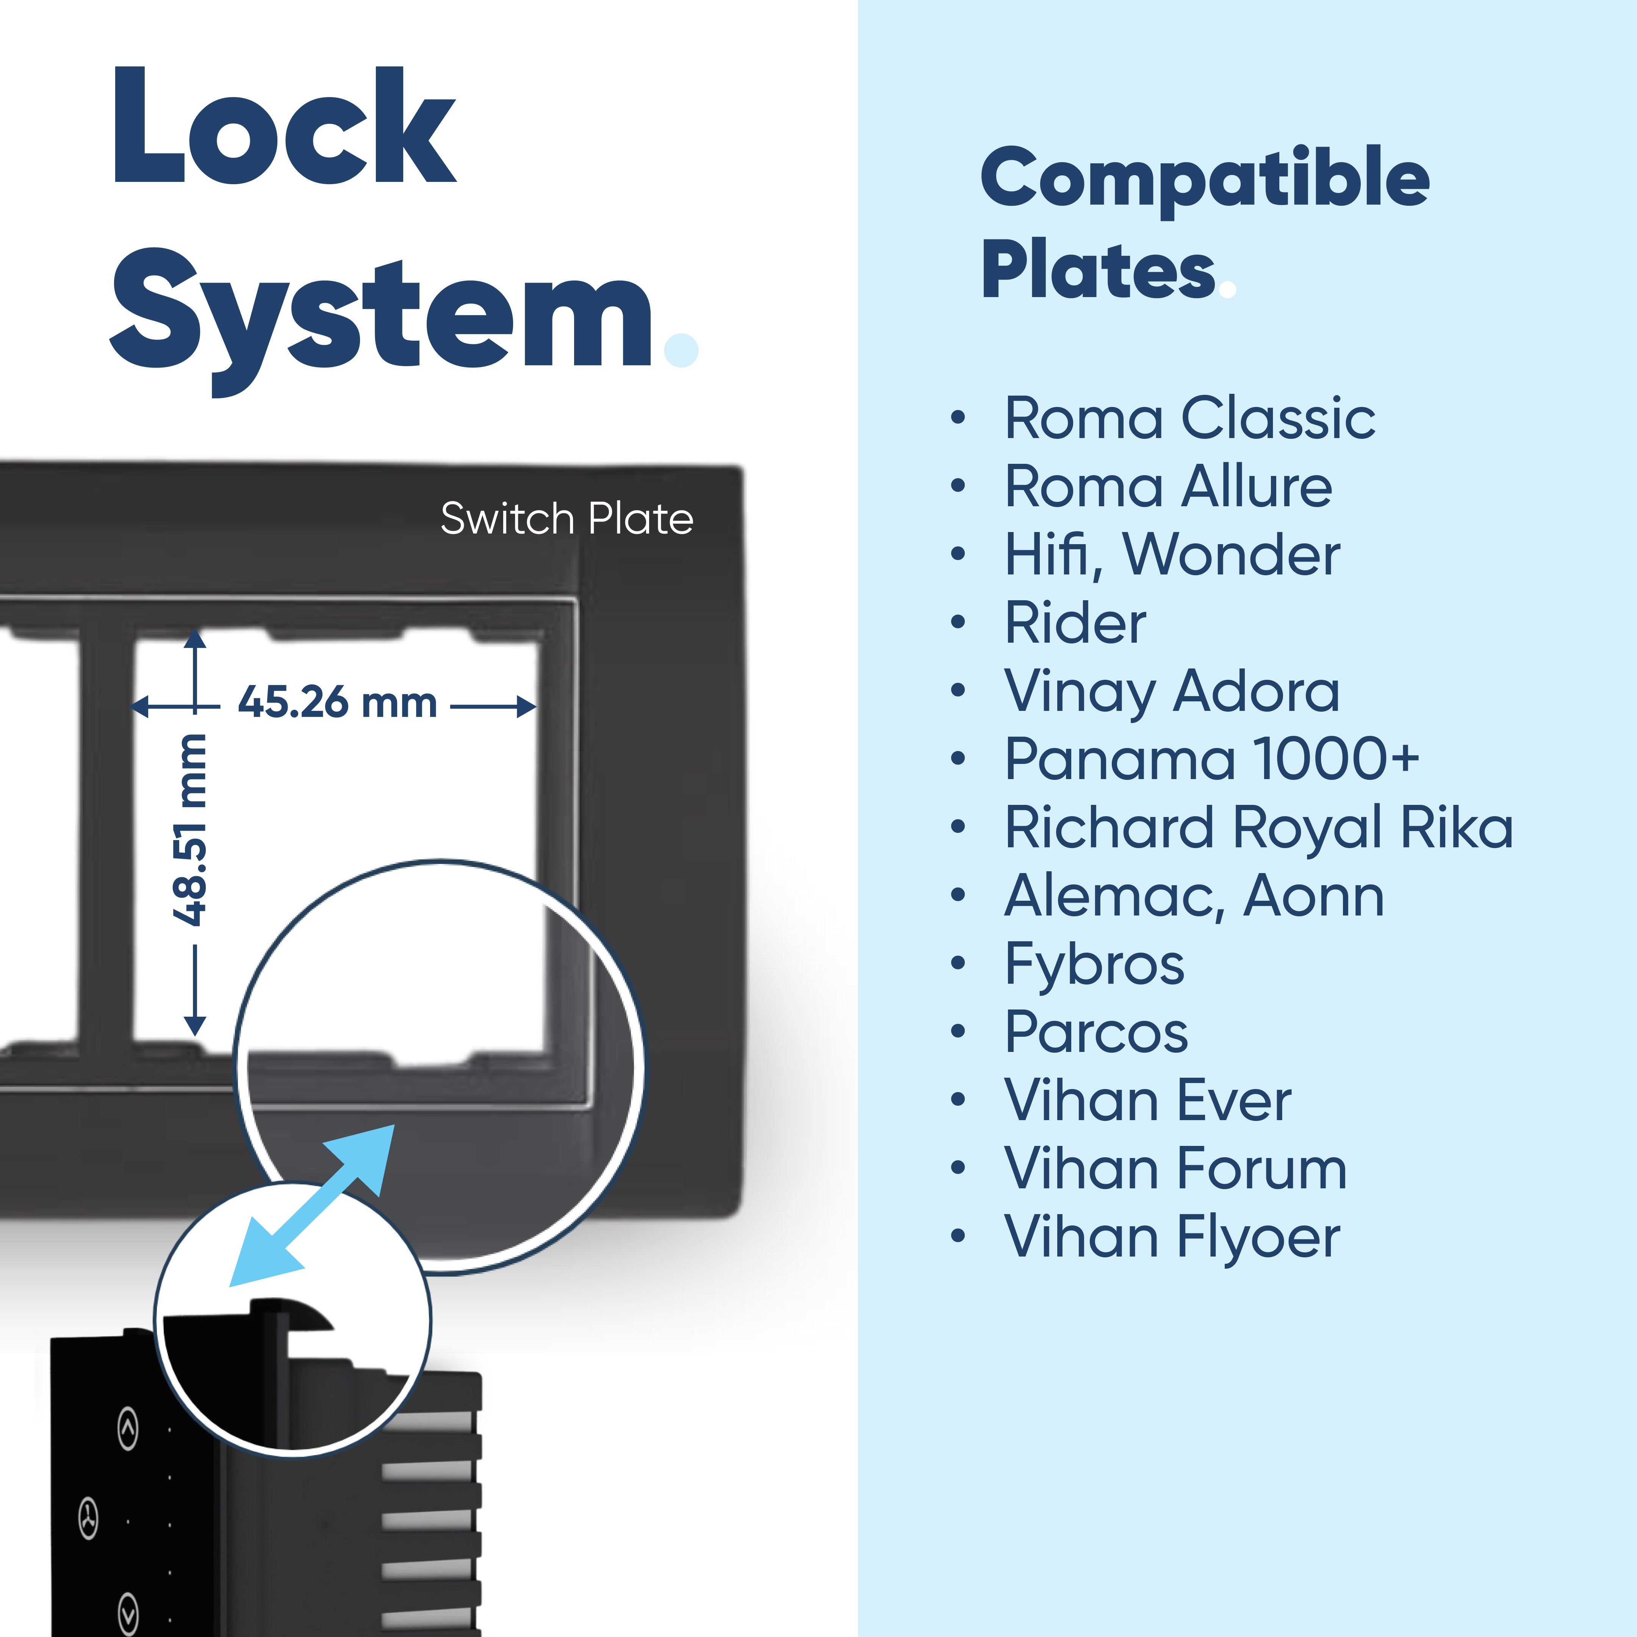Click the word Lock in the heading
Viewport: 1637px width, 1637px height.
click(284, 127)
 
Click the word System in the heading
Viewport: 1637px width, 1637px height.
click(381, 318)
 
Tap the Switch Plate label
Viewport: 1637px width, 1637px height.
click(566, 518)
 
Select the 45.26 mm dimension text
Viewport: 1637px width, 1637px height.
click(337, 703)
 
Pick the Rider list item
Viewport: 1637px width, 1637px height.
click(1074, 623)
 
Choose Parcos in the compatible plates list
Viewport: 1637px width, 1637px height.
click(1096, 1032)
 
